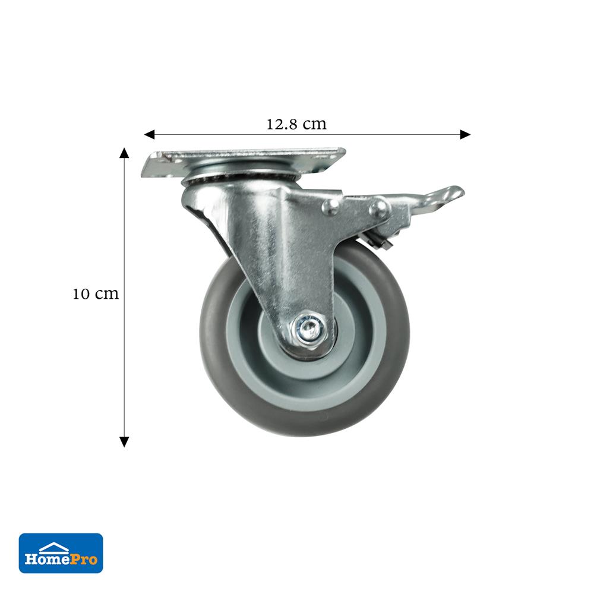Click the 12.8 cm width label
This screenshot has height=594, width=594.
(x=296, y=124)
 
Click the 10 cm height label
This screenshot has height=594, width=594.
(x=96, y=293)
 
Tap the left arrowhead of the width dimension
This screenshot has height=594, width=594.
(x=149, y=134)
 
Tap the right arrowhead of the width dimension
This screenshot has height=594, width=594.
(x=465, y=134)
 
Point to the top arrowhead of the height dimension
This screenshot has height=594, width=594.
(x=124, y=153)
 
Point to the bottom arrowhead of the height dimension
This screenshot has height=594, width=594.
(x=124, y=442)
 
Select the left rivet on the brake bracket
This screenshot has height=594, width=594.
(x=331, y=207)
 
